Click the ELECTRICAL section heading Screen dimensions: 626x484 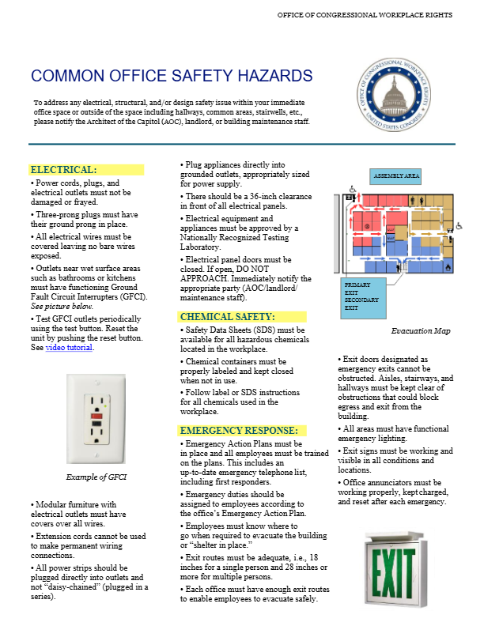pyautogui.click(x=63, y=170)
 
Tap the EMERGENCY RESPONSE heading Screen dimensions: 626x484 pyautogui.click(x=239, y=431)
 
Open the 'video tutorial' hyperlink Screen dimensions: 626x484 pyautogui.click(x=70, y=348)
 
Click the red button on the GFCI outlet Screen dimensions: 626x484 pyautogui.click(x=96, y=413)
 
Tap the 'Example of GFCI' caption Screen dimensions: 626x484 pyautogui.click(x=96, y=477)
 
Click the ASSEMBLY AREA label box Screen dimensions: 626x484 pyautogui.click(x=396, y=175)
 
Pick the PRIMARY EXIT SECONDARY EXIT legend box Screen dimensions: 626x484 pyautogui.click(x=361, y=295)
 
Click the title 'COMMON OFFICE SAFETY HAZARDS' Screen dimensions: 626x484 pyautogui.click(x=172, y=77)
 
